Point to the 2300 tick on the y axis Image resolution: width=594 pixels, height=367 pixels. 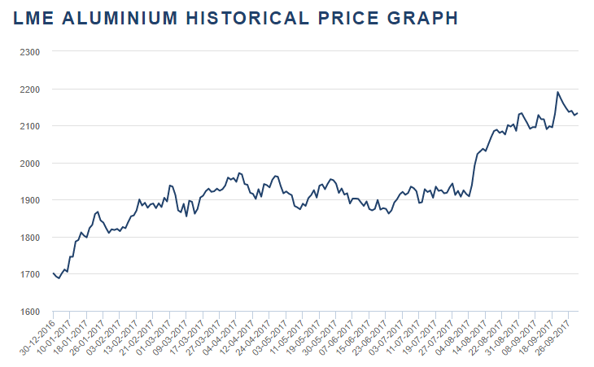tap(29, 51)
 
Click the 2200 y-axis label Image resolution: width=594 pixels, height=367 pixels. tap(29, 89)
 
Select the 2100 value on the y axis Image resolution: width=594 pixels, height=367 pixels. tap(29, 126)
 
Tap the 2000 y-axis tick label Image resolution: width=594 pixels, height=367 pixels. tap(29, 163)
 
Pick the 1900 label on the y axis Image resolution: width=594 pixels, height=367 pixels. tap(29, 200)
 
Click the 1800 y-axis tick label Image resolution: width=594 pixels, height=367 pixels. tap(29, 238)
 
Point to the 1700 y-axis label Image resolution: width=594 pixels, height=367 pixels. tap(29, 274)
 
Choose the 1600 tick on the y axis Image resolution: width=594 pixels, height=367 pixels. tap(29, 312)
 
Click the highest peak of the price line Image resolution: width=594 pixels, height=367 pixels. tap(557, 92)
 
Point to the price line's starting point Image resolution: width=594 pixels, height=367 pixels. tap(53, 273)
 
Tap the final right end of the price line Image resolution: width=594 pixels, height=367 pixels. tap(578, 113)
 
